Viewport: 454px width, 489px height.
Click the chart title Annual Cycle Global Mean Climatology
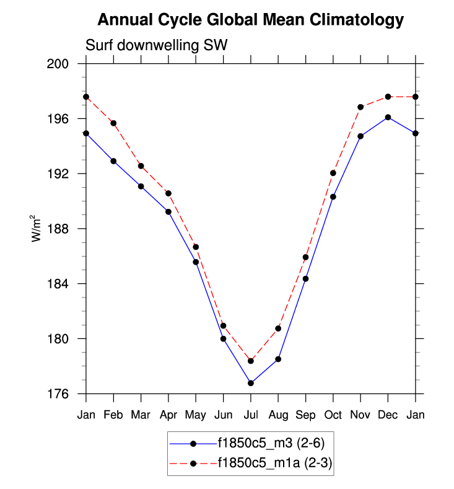251,20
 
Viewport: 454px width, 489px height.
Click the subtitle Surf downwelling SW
156,45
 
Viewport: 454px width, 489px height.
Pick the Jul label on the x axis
250,415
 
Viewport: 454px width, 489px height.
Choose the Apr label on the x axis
168,415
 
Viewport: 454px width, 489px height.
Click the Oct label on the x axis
333,415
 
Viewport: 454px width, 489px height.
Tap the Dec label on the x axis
388,415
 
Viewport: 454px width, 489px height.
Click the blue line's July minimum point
250,383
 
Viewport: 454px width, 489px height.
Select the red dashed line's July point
250,361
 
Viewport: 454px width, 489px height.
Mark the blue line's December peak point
388,117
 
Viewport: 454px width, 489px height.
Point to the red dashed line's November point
360,107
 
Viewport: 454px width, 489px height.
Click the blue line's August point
278,359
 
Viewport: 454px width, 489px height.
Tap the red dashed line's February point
113,123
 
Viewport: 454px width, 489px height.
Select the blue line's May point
196,262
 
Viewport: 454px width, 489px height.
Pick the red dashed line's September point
305,257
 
